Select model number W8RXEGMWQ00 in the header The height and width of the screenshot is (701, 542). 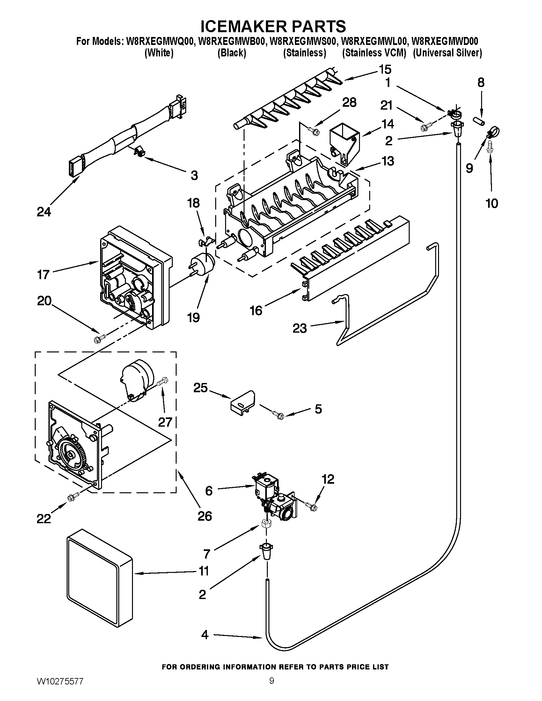point(161,41)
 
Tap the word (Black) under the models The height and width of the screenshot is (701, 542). point(231,53)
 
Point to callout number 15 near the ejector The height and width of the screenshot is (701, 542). point(385,69)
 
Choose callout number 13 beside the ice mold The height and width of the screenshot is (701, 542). point(388,161)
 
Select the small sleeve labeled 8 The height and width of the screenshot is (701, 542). point(478,122)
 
